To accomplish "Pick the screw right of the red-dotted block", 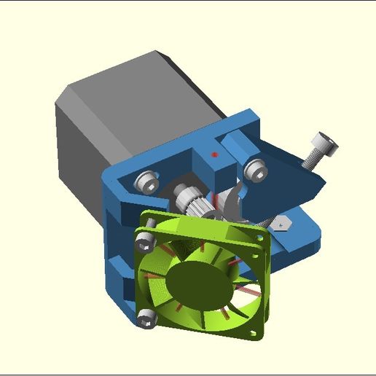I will tap(255, 170).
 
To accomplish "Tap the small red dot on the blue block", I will tap(214, 154).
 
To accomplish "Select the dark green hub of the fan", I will tap(198, 281).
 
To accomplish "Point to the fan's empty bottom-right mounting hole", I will tap(254, 333).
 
